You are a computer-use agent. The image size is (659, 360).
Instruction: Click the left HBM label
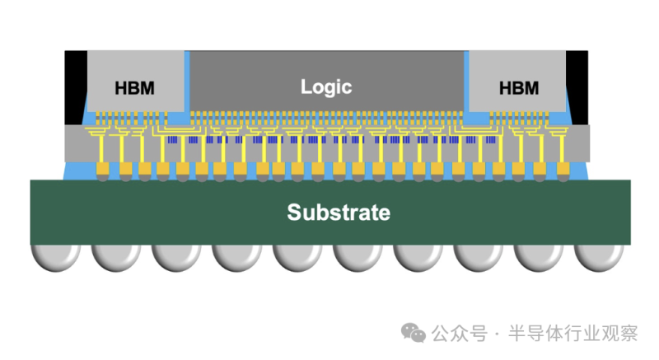click(134, 88)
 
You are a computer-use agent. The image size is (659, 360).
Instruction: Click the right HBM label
click(519, 88)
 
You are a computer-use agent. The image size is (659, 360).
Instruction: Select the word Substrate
click(339, 212)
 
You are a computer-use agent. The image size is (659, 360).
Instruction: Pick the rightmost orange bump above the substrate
click(560, 171)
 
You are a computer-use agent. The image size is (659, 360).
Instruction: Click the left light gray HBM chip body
click(136, 66)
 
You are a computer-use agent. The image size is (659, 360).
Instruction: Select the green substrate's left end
click(41, 212)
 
